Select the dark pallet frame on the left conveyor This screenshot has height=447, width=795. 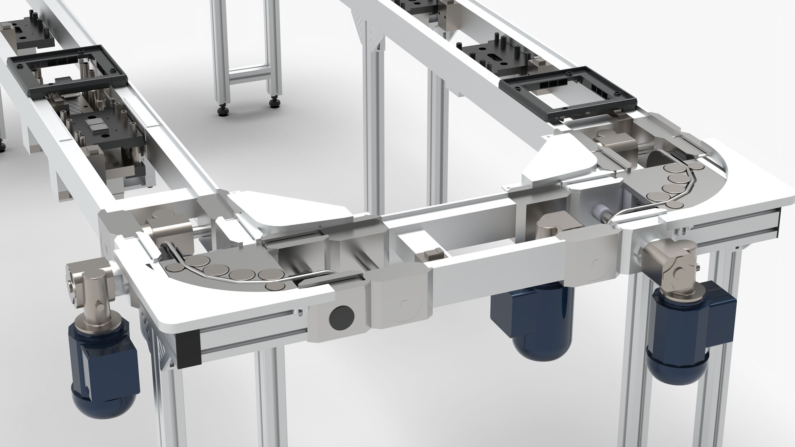(x=66, y=70)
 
